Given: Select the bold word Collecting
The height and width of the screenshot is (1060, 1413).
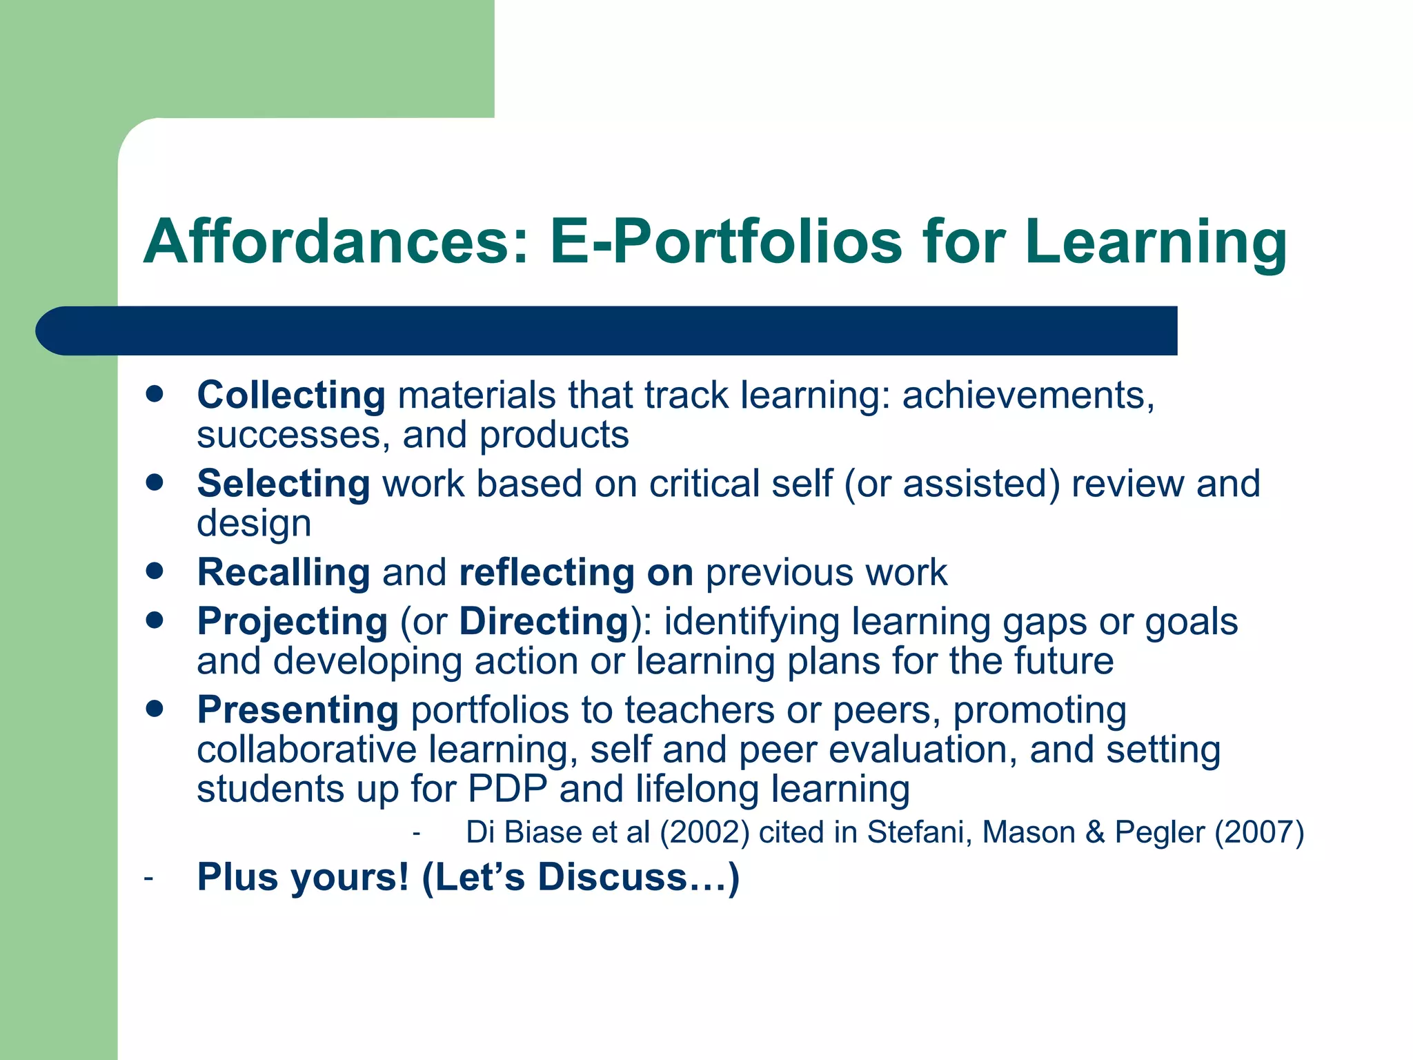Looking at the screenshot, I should pyautogui.click(x=290, y=395).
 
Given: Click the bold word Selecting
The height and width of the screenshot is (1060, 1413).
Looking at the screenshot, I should pyautogui.click(x=284, y=484).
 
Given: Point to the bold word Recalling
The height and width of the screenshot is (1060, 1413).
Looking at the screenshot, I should pyautogui.click(x=284, y=572).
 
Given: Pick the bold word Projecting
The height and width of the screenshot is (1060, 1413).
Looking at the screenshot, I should pyautogui.click(x=292, y=621).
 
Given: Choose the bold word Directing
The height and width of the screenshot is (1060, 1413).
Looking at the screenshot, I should pyautogui.click(x=544, y=621).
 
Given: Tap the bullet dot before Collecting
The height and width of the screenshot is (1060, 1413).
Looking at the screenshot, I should pyautogui.click(x=155, y=394).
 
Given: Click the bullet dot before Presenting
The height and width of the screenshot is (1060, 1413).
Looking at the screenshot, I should pyautogui.click(x=155, y=708).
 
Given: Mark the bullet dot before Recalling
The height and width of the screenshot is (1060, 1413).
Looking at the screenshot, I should pyautogui.click(x=155, y=571).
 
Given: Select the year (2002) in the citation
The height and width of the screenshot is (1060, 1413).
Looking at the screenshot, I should pyautogui.click(x=704, y=832).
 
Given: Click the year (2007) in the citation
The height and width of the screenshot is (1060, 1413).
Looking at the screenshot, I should pyautogui.click(x=1258, y=832).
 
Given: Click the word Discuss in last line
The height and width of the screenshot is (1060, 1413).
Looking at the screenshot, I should pyautogui.click(x=613, y=877).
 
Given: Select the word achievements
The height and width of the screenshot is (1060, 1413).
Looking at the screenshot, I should pyautogui.click(x=1028, y=395).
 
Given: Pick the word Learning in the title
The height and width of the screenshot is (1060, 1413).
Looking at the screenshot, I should pyautogui.click(x=1156, y=242).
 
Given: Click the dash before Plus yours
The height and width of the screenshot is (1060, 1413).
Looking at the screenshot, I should pyautogui.click(x=148, y=879).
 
